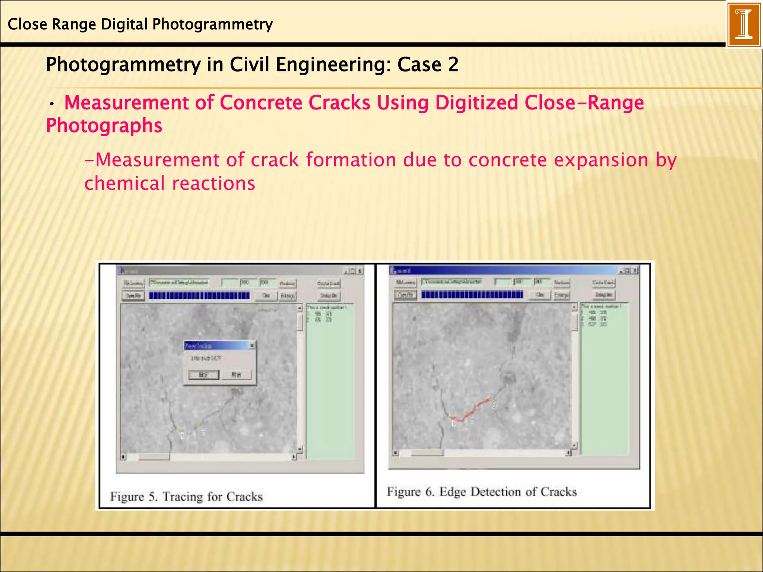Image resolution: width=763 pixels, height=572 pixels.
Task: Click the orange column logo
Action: point(744,24)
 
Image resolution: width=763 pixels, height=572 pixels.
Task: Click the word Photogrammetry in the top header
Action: point(212,25)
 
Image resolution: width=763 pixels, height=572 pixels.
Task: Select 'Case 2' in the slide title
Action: point(428,64)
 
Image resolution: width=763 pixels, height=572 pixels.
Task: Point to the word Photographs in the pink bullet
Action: point(104,125)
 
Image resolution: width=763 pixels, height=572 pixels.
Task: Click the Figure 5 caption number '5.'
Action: point(153,497)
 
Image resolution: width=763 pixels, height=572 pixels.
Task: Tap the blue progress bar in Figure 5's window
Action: point(199,296)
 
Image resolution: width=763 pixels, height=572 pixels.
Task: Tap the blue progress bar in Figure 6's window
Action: point(472,295)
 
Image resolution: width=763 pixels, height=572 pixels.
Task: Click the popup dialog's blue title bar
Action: point(216,346)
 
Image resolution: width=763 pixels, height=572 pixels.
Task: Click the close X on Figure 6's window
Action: point(635,270)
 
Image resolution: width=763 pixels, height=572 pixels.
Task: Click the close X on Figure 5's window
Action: point(360,271)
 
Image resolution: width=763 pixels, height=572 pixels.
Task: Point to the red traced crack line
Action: point(473,409)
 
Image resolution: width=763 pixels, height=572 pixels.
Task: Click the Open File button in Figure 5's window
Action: point(133,296)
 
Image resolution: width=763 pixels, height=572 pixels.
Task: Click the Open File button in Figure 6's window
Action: point(405,295)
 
